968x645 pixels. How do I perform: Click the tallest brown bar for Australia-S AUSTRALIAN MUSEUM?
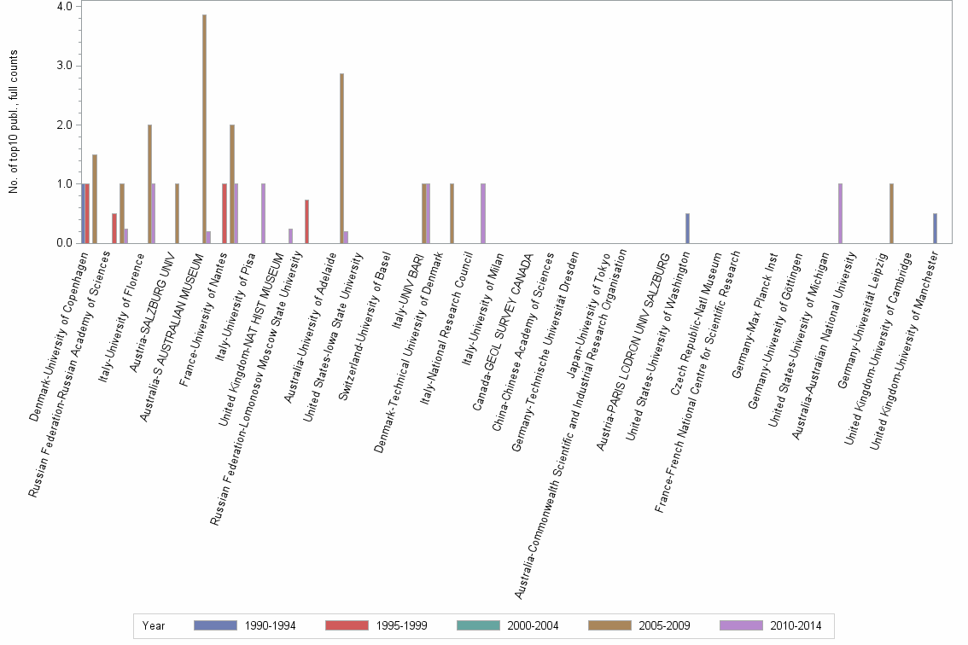[x=204, y=129]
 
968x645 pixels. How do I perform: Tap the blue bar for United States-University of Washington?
[x=687, y=228]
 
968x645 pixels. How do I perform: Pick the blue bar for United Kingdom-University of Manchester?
[x=935, y=228]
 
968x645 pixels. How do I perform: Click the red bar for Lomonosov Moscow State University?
[x=306, y=222]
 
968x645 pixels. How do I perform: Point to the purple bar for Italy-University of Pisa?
[x=263, y=213]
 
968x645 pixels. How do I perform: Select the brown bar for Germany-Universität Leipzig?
[x=891, y=213]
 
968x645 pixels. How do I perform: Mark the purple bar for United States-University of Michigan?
[x=840, y=213]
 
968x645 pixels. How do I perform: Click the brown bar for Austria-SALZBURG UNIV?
[x=177, y=213]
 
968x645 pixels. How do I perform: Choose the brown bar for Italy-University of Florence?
[x=149, y=184]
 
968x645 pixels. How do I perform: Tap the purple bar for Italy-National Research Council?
[x=482, y=213]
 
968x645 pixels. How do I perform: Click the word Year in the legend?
[x=154, y=625]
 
